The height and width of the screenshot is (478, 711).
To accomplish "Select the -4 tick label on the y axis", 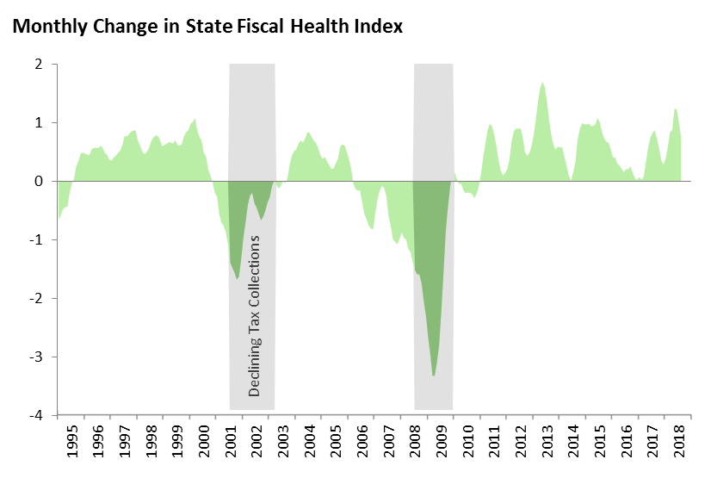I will tap(37, 416).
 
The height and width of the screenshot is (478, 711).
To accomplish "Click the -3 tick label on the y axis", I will tap(37, 357).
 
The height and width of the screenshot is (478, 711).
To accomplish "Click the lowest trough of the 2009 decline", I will tap(434, 376).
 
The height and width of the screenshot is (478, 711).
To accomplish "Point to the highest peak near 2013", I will tap(542, 83).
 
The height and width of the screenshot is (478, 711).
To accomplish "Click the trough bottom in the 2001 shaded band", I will tap(238, 279).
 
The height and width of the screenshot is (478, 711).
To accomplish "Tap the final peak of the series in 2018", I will tap(675, 109).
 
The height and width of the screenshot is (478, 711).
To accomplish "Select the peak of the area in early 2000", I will tap(195, 120).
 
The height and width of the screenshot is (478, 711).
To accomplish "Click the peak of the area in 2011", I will tap(490, 125).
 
